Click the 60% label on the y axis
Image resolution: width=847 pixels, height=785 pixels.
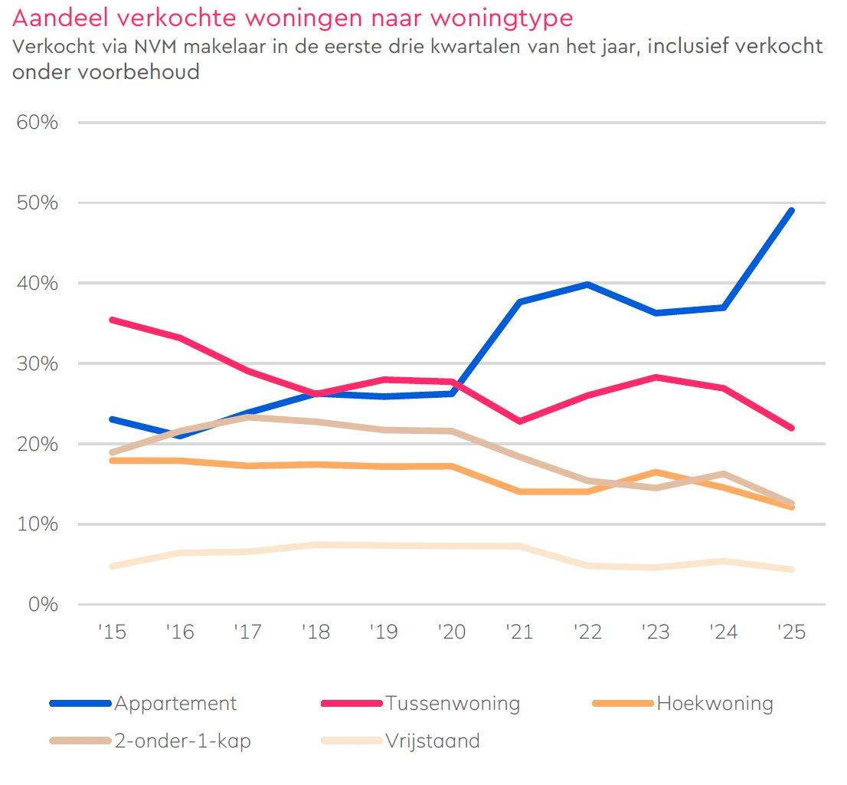point(37,123)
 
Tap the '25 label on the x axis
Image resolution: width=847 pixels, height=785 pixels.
point(791,632)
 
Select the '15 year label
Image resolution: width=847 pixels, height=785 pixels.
point(111,632)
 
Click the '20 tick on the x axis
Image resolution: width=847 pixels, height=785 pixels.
point(451,632)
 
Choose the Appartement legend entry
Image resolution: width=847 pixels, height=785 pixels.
point(175,703)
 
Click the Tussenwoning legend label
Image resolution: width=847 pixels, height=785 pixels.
point(452,703)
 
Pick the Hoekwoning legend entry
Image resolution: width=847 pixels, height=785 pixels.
point(715,703)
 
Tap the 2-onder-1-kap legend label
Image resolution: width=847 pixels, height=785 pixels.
point(182,741)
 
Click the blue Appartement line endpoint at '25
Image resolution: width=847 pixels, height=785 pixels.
point(791,211)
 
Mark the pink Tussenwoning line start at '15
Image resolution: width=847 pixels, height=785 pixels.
point(112,320)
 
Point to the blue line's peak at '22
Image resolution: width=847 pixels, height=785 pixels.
point(587,284)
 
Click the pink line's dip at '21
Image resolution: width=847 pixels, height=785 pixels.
point(519,421)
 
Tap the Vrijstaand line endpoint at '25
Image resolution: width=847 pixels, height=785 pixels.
point(791,570)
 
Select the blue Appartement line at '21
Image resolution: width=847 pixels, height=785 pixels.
point(519,302)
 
